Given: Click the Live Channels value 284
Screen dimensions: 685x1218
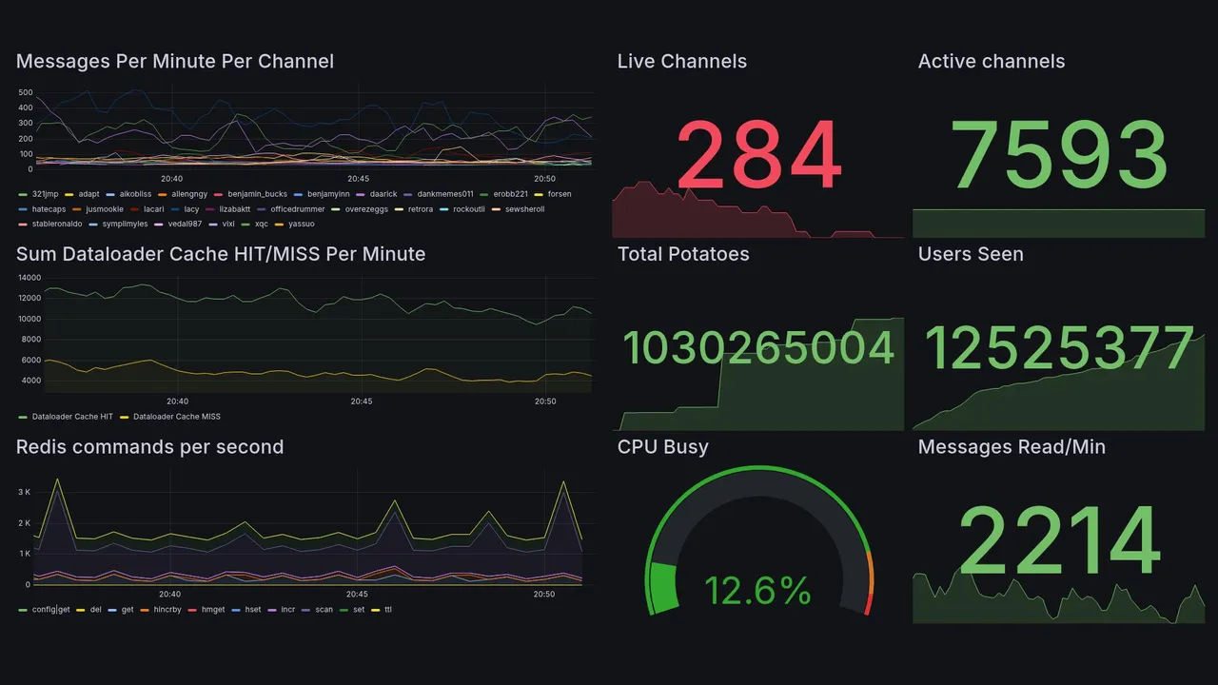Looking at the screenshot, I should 758,154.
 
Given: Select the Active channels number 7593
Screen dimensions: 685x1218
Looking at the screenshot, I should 1058,154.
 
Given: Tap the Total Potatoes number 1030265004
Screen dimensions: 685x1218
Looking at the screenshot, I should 758,348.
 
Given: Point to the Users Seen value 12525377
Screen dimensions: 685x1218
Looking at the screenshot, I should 1058,348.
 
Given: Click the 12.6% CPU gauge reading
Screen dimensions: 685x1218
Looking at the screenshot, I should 757,591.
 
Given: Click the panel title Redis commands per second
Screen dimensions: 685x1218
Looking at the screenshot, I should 149,447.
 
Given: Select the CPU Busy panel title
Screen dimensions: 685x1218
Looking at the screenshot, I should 662,447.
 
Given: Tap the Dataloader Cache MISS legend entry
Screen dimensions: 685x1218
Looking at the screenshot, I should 176,417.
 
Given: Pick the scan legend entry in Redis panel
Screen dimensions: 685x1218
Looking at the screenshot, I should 324,610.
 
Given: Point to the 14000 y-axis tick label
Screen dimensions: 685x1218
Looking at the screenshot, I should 29,278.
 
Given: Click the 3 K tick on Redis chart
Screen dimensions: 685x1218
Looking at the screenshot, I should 26,492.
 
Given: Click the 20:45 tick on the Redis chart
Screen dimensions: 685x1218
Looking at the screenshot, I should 358,595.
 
